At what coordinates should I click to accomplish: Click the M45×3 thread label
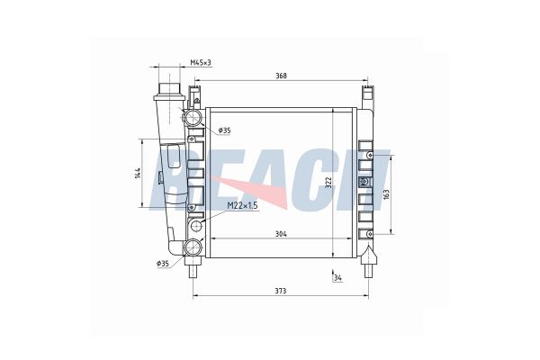point(201,62)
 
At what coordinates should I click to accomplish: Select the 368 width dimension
point(282,76)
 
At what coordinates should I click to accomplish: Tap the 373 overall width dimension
point(281,291)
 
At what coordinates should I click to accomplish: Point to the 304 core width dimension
point(281,234)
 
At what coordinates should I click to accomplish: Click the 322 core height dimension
point(328,183)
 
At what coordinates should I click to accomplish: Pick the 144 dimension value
point(138,173)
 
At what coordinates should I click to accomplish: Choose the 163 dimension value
point(386,194)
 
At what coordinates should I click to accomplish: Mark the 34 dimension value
point(338,278)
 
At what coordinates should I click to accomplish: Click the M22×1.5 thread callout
point(242,206)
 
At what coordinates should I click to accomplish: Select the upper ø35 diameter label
point(224,130)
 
